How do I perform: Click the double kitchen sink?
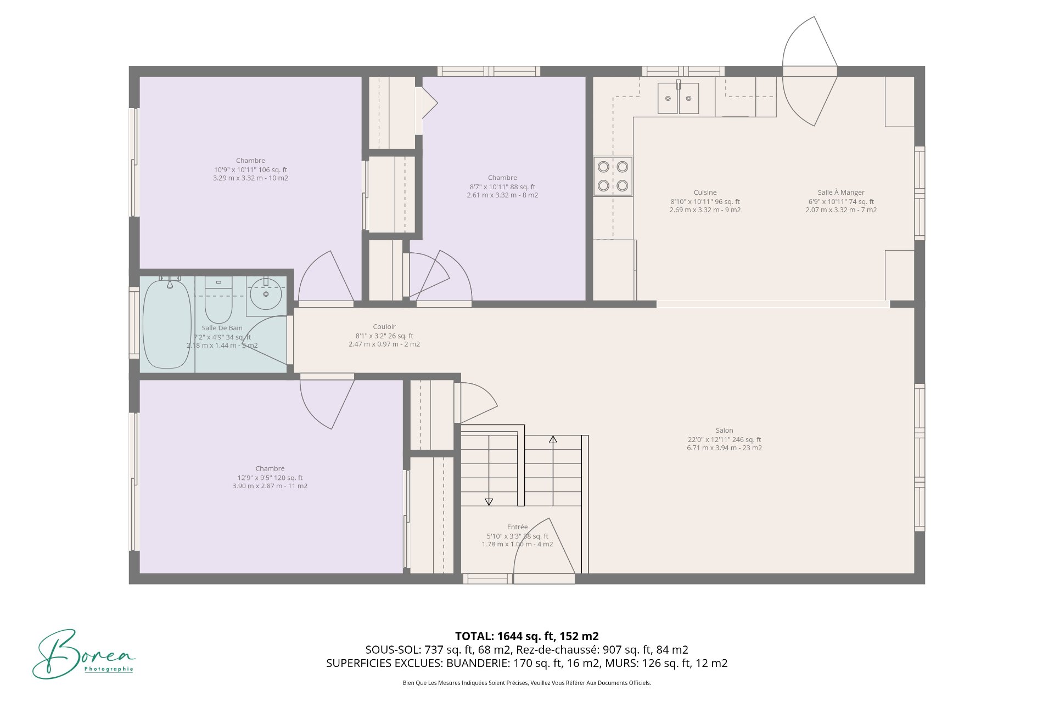click(678, 99)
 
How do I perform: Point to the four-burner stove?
click(613, 176)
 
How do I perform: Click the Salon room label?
click(724, 431)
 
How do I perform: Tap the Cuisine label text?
click(705, 193)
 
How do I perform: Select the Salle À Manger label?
click(840, 193)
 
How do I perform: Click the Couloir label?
click(384, 327)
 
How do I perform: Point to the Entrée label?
click(517, 527)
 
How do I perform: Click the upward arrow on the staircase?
click(553, 440)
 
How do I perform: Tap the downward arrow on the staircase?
click(489, 501)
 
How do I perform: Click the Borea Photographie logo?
click(82, 655)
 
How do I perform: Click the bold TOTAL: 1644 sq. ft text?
click(526, 636)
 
